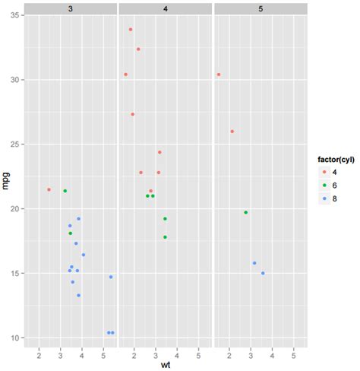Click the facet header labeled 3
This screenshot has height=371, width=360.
point(71,8)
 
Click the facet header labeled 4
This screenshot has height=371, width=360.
point(166,8)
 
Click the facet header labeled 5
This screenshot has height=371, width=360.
point(261,8)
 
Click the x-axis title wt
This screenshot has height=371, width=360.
point(166,366)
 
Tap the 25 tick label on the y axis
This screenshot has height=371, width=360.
point(14,144)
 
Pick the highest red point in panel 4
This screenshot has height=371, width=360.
point(131,30)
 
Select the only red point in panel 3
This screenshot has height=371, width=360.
point(49,189)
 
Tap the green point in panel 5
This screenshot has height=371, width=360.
point(245,212)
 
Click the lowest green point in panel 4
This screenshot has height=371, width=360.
point(165,237)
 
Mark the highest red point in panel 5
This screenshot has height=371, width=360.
point(219,75)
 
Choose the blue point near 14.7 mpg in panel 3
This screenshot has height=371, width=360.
point(111,277)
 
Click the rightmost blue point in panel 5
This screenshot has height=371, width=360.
point(263,273)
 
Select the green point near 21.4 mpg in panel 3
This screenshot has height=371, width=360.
point(65,191)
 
